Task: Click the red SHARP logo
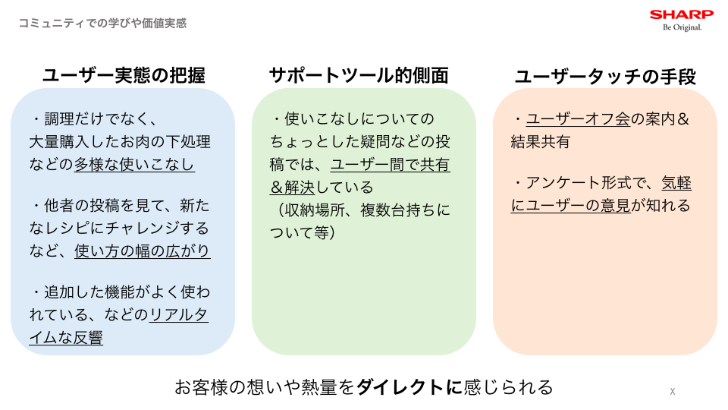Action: [x=682, y=14]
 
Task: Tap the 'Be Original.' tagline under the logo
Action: [x=682, y=27]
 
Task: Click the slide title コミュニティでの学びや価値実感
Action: [x=102, y=24]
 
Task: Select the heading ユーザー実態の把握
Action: [x=124, y=75]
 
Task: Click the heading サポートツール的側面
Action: [x=359, y=75]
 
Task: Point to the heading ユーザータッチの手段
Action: [x=605, y=77]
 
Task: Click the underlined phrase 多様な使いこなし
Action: [x=134, y=165]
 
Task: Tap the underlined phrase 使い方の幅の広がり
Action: [x=142, y=251]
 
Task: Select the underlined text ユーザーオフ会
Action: [x=578, y=119]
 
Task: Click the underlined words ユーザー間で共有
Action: [x=391, y=165]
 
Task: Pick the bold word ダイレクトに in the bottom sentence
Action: [x=409, y=387]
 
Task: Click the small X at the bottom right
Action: [x=673, y=392]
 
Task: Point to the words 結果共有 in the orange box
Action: [x=541, y=142]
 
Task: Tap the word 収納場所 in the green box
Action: [x=315, y=210]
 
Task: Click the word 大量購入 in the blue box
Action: [x=59, y=142]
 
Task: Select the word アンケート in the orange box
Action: [x=563, y=183]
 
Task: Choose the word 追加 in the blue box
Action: [x=59, y=292]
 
